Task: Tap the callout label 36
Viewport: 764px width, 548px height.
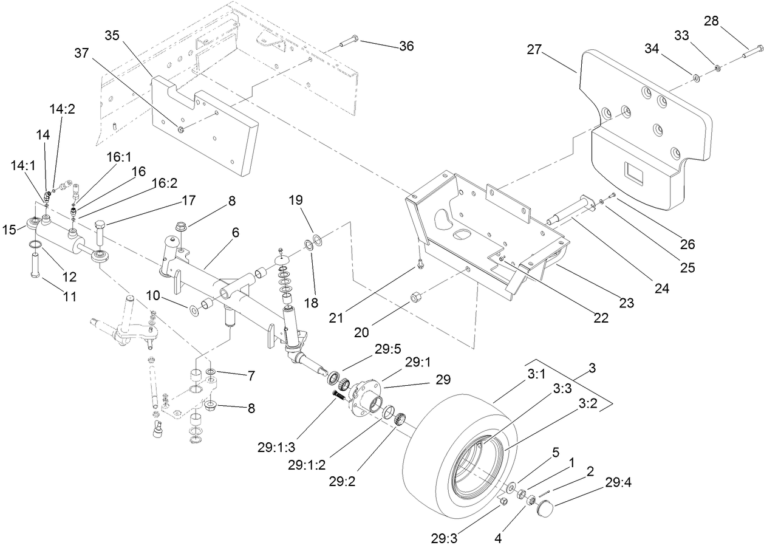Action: point(406,46)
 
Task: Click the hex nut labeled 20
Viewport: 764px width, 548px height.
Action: point(418,297)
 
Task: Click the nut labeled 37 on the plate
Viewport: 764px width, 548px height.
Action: point(181,129)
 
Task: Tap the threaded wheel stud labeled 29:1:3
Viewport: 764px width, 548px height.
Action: point(338,396)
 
